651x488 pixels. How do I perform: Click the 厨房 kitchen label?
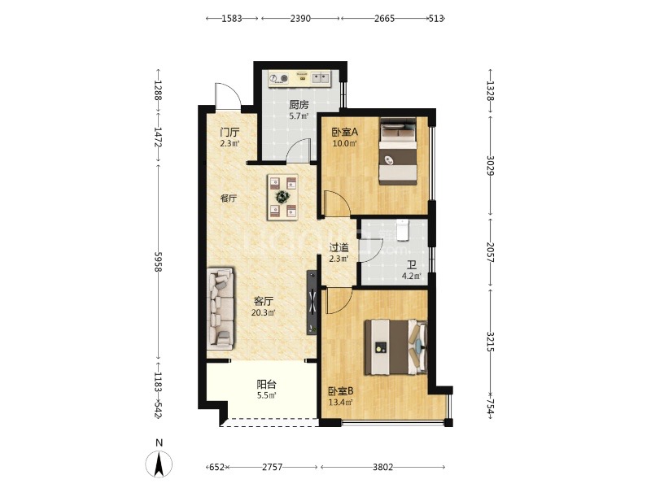(299, 105)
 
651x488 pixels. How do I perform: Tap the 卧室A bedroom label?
(344, 133)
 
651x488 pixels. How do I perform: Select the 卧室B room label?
(340, 391)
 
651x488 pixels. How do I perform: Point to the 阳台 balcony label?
(267, 385)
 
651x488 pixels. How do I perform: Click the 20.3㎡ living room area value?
(263, 313)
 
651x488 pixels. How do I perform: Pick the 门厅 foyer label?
(229, 133)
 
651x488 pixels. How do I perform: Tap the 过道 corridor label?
(339, 248)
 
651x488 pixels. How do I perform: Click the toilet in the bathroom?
(402, 230)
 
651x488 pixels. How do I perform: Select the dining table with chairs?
(282, 197)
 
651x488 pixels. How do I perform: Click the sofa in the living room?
(221, 307)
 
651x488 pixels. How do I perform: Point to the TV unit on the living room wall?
(312, 303)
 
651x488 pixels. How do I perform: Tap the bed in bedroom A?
(398, 151)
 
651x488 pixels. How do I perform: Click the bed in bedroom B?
(395, 347)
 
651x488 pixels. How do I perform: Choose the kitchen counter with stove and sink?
(299, 78)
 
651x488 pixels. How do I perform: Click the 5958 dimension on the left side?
(158, 262)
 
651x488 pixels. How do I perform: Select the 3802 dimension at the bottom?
(382, 467)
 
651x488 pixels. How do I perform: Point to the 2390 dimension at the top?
(300, 19)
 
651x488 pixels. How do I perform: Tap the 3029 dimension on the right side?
(491, 166)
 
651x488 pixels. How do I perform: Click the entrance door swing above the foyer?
(228, 96)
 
